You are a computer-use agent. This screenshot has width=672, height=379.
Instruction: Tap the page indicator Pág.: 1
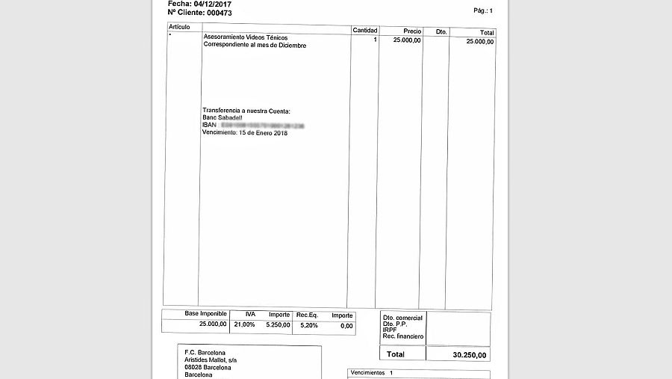coord(483,10)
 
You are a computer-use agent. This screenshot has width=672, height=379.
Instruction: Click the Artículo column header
coord(179,27)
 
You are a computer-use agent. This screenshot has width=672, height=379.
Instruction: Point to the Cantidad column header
coord(365,31)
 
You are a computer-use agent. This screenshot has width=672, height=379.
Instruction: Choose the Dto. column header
coord(441,31)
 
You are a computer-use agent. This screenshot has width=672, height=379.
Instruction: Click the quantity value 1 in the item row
coord(375,40)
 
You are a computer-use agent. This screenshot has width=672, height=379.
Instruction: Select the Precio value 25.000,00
coord(407,40)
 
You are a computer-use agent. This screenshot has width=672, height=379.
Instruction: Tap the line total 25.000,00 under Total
coord(479,42)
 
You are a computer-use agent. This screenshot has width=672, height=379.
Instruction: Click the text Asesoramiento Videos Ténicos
coord(245,37)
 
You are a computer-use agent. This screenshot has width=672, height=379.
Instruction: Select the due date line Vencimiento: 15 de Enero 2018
coord(244,133)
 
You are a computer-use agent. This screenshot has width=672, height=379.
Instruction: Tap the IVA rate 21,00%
coord(244,325)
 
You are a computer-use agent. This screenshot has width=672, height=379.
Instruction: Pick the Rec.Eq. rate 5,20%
coord(308,325)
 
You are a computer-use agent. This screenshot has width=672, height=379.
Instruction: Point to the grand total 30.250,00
coord(470,354)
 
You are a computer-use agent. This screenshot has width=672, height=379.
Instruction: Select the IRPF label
coord(390,330)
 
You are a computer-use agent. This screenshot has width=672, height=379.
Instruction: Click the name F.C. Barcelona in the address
coord(205,352)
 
